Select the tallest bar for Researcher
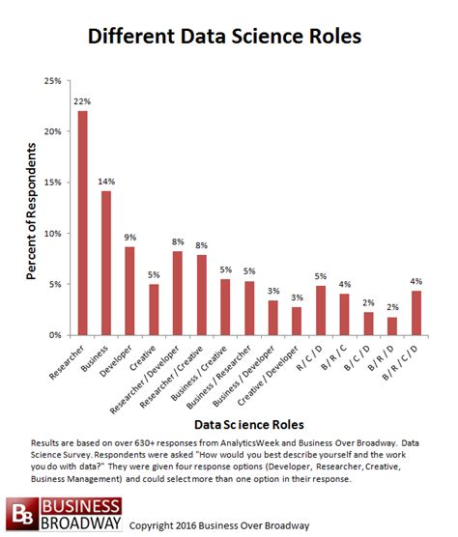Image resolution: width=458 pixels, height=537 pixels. tap(83, 223)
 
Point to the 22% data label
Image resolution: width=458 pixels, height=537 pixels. tap(83, 100)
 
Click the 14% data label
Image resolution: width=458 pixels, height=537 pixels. tap(106, 181)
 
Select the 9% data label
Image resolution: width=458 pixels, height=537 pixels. tap(130, 237)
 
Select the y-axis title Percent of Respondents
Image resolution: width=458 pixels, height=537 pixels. tap(32, 208)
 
